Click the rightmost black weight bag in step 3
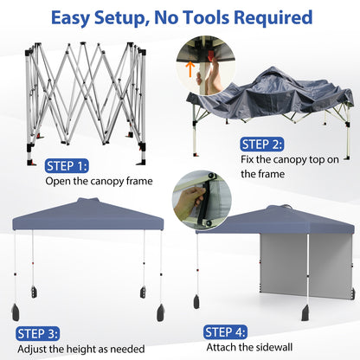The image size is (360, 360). tap(162, 311)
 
